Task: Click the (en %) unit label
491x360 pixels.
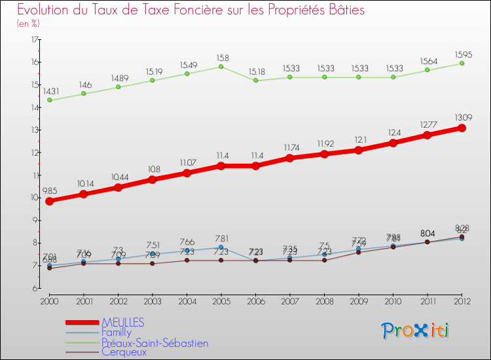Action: tap(28, 24)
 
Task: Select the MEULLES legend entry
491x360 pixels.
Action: tap(123, 323)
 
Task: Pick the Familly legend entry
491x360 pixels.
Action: tap(117, 333)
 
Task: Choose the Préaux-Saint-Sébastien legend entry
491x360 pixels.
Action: tap(155, 342)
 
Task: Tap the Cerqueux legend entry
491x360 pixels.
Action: tap(124, 351)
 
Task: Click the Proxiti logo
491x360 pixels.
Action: tap(416, 331)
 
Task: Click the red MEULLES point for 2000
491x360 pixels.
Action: tap(49, 201)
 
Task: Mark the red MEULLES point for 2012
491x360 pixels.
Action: tap(462, 128)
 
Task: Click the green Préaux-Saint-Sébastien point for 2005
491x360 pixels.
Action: tap(221, 66)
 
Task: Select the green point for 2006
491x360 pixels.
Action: tap(255, 81)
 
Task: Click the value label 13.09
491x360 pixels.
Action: tap(462, 117)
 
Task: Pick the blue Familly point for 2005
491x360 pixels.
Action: tap(221, 247)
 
